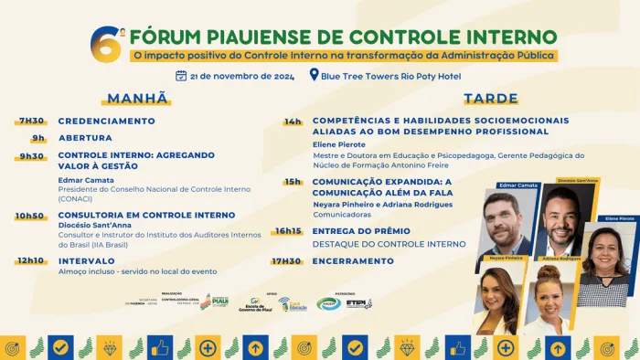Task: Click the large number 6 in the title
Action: (x=101, y=42)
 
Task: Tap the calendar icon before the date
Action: (x=181, y=76)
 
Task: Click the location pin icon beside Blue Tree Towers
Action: (x=315, y=76)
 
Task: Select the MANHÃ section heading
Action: (x=138, y=99)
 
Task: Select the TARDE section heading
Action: (x=491, y=99)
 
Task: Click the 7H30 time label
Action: (x=31, y=121)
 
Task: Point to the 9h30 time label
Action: (x=31, y=155)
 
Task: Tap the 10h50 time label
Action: (x=29, y=216)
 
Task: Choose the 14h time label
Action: (x=293, y=121)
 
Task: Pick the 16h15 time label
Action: (x=289, y=231)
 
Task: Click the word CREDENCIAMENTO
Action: (x=107, y=121)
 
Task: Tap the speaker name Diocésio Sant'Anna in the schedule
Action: (x=97, y=226)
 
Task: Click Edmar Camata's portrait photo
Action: (x=506, y=224)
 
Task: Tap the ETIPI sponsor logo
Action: (x=358, y=303)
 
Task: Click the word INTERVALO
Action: (x=86, y=260)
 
